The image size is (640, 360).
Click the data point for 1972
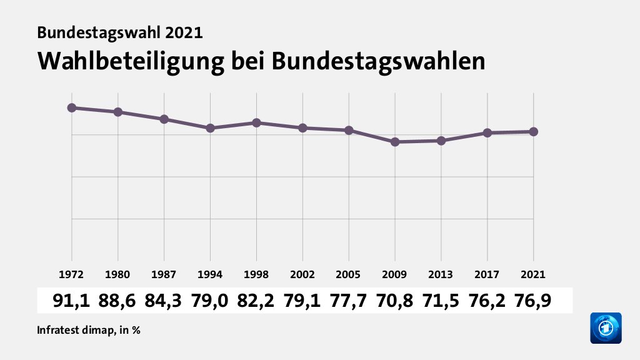point(72,107)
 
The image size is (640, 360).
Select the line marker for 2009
point(395,142)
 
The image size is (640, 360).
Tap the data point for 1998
point(256,122)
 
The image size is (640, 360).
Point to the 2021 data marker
point(534,131)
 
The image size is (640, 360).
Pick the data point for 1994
point(211,127)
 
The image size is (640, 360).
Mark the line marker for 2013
point(441,141)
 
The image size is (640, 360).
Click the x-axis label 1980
point(118,274)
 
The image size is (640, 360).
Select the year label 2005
point(349,274)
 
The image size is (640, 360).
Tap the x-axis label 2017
point(487,274)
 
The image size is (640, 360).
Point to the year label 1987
point(164,274)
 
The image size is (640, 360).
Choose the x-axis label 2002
point(302,274)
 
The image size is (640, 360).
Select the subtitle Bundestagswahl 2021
point(120,32)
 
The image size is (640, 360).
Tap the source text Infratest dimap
point(74,330)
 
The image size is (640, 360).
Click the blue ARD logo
point(606,327)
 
